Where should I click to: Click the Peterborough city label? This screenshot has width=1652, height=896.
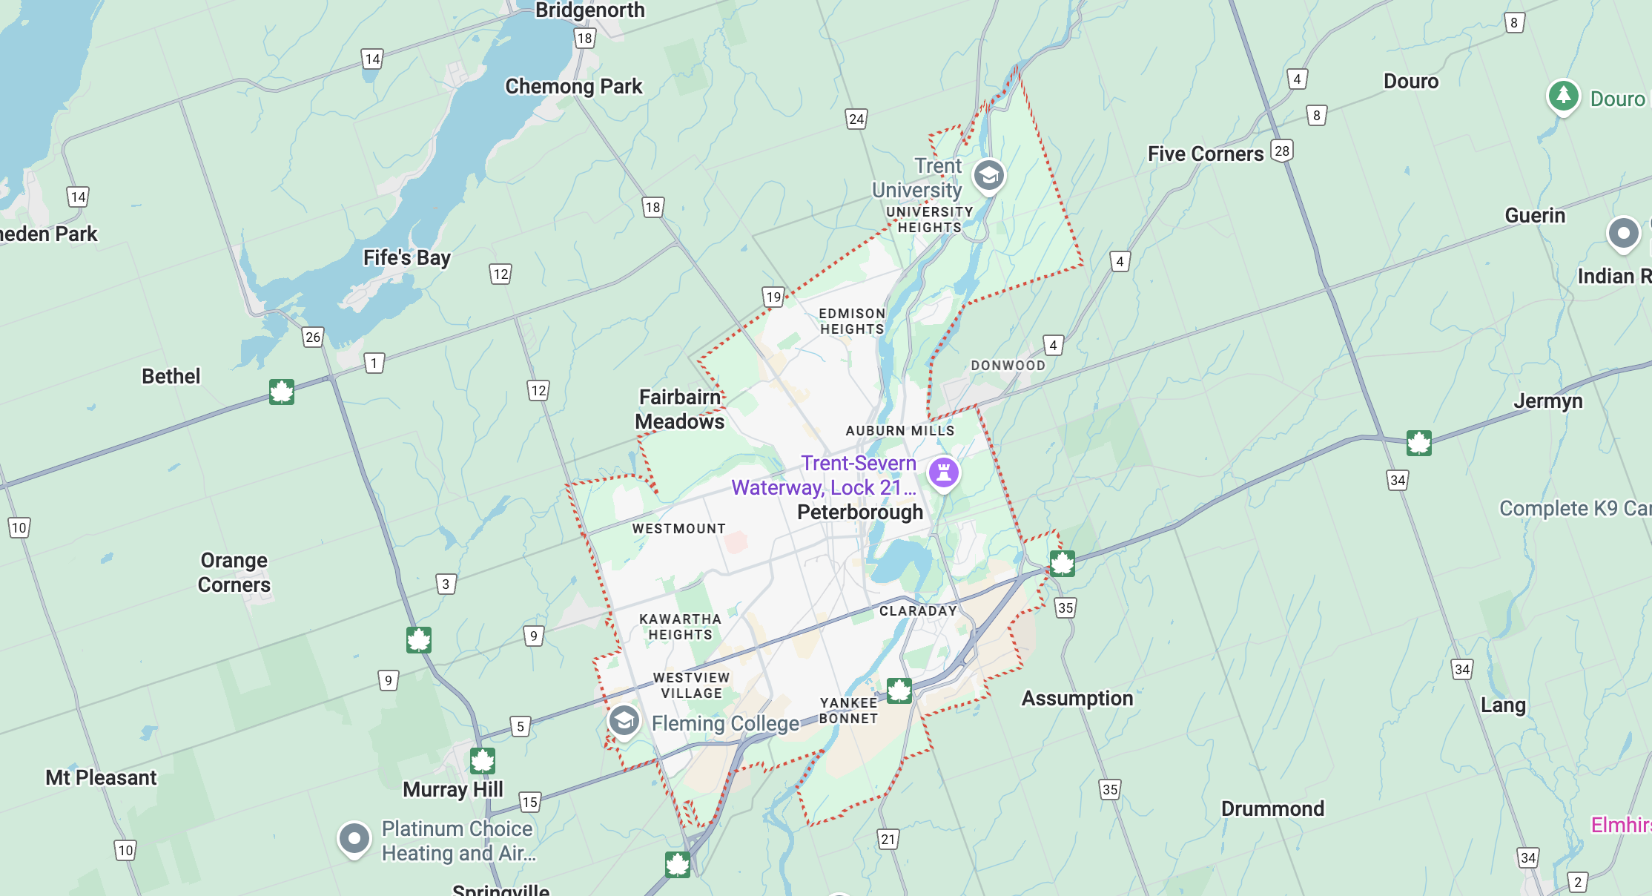[860, 513]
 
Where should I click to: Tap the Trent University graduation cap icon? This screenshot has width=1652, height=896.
[988, 177]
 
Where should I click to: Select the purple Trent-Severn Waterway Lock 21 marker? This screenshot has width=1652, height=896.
[944, 472]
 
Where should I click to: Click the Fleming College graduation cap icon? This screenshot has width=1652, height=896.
[624, 720]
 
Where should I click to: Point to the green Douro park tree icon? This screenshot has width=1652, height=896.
[1563, 96]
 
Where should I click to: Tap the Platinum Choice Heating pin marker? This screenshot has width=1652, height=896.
[354, 839]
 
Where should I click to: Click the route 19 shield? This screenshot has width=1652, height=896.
[773, 297]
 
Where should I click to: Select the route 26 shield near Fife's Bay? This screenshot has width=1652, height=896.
[313, 337]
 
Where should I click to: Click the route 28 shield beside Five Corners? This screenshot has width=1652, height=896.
[1281, 151]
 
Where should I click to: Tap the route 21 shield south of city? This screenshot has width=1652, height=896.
[888, 839]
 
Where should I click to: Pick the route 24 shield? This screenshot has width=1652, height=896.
[856, 119]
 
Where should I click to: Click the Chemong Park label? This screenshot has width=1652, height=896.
[573, 87]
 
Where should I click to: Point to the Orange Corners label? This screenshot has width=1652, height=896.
[234, 573]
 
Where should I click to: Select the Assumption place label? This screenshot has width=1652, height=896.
[1077, 699]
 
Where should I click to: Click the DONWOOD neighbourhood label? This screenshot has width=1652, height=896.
[1008, 366]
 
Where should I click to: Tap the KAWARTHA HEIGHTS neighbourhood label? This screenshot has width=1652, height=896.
[680, 627]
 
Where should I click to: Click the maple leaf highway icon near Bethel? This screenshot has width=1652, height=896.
[282, 392]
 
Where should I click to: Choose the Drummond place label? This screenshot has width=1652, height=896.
[1272, 808]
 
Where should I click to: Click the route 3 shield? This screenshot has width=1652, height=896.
[446, 584]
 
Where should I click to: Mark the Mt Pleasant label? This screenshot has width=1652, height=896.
[101, 777]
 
